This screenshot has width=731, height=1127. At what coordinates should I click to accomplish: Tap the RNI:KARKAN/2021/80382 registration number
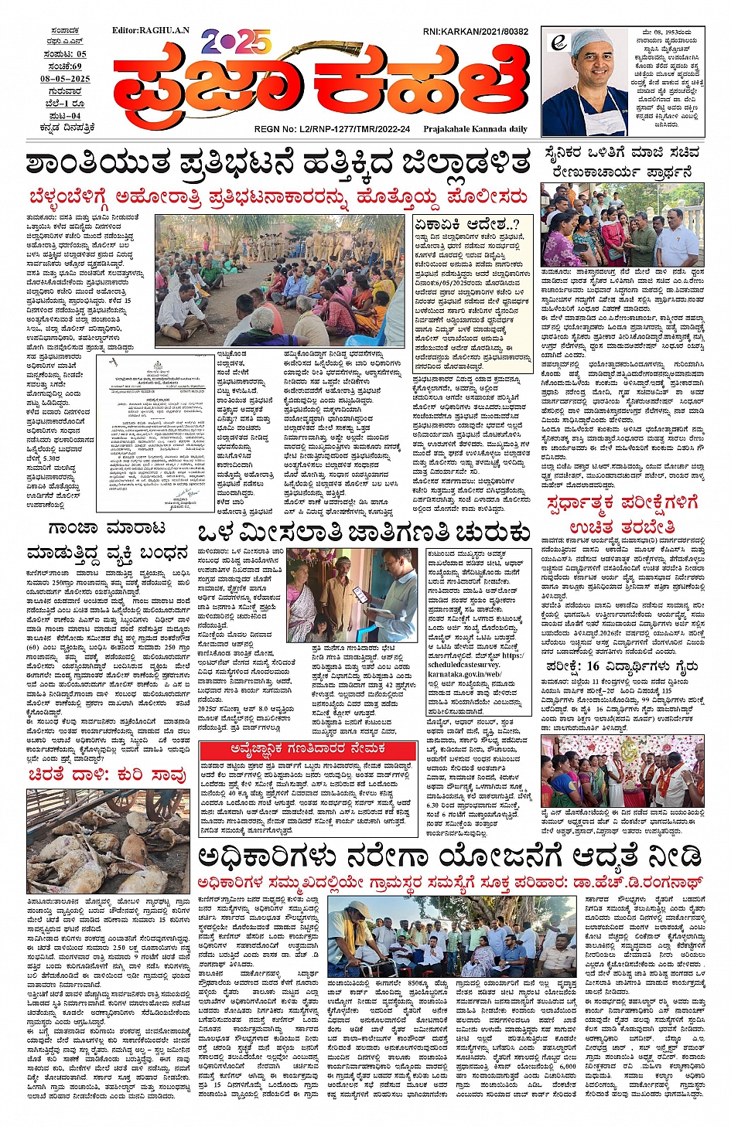[475, 32]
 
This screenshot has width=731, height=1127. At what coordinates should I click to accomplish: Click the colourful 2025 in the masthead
[235, 42]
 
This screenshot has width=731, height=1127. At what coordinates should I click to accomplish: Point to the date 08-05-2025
[65, 79]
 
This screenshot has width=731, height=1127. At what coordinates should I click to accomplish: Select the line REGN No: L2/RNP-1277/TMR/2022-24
[332, 129]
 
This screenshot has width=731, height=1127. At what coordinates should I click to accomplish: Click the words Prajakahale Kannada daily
[475, 129]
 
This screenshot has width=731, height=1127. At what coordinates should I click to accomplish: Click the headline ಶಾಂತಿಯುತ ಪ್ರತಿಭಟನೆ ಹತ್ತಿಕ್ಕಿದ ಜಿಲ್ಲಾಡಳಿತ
[278, 164]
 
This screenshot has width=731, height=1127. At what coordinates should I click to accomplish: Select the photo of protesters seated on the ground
[279, 281]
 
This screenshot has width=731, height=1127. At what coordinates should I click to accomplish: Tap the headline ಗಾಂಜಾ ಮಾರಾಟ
[107, 528]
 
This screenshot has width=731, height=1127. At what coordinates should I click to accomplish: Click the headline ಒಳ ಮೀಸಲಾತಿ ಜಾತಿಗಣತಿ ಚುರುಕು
[364, 533]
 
